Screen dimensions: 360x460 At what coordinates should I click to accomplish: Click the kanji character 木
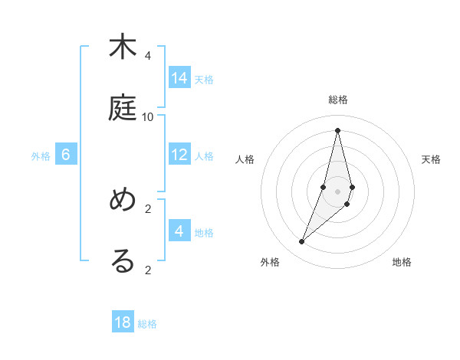click(123, 47)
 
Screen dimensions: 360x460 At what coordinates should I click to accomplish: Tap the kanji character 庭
click(123, 108)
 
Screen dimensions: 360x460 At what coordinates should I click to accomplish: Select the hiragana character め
click(123, 200)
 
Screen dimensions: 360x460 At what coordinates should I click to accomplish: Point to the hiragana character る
click(123, 261)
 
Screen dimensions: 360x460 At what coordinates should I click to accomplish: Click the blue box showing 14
click(179, 78)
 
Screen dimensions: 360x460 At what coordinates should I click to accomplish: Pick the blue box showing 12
click(179, 155)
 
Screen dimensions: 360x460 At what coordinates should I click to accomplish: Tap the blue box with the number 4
click(179, 231)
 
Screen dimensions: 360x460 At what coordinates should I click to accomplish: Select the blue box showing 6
click(66, 155)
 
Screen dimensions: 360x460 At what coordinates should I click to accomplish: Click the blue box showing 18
click(123, 322)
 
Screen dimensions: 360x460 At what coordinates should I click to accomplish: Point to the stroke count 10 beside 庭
click(148, 117)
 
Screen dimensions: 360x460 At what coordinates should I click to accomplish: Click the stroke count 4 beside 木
click(148, 56)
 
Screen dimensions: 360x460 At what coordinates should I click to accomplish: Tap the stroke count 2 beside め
click(148, 208)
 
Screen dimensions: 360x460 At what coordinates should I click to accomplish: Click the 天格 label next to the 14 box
click(204, 80)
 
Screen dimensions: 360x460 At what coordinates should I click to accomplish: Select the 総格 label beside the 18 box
click(147, 324)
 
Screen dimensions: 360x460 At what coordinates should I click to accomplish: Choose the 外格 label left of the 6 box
click(41, 156)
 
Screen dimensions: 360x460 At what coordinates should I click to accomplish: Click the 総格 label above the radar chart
click(338, 100)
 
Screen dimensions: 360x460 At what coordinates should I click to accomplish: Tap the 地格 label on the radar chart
click(402, 263)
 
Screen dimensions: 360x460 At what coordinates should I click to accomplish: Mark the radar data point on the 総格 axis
click(337, 130)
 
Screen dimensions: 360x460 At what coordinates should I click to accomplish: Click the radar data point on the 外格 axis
click(302, 242)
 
